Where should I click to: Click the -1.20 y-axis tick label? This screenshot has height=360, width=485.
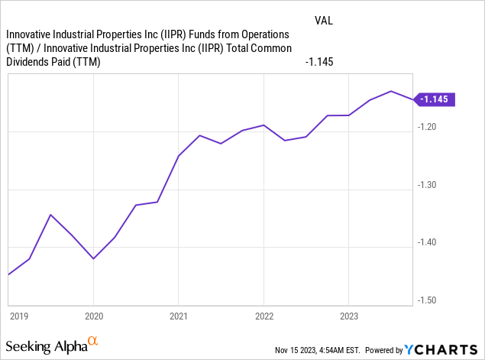pyautogui.click(x=428, y=127)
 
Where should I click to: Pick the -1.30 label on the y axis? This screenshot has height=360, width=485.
pyautogui.click(x=428, y=185)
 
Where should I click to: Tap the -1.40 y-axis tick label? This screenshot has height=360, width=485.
pyautogui.click(x=428, y=242)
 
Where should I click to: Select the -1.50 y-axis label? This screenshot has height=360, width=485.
pyautogui.click(x=428, y=300)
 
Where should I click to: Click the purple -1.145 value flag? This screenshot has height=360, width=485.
pyautogui.click(x=435, y=99)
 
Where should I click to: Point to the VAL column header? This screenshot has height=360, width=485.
pyautogui.click(x=324, y=20)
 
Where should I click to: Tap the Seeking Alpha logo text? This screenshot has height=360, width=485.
pyautogui.click(x=47, y=346)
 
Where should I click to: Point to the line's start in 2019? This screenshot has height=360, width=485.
pyautogui.click(x=8, y=274)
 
